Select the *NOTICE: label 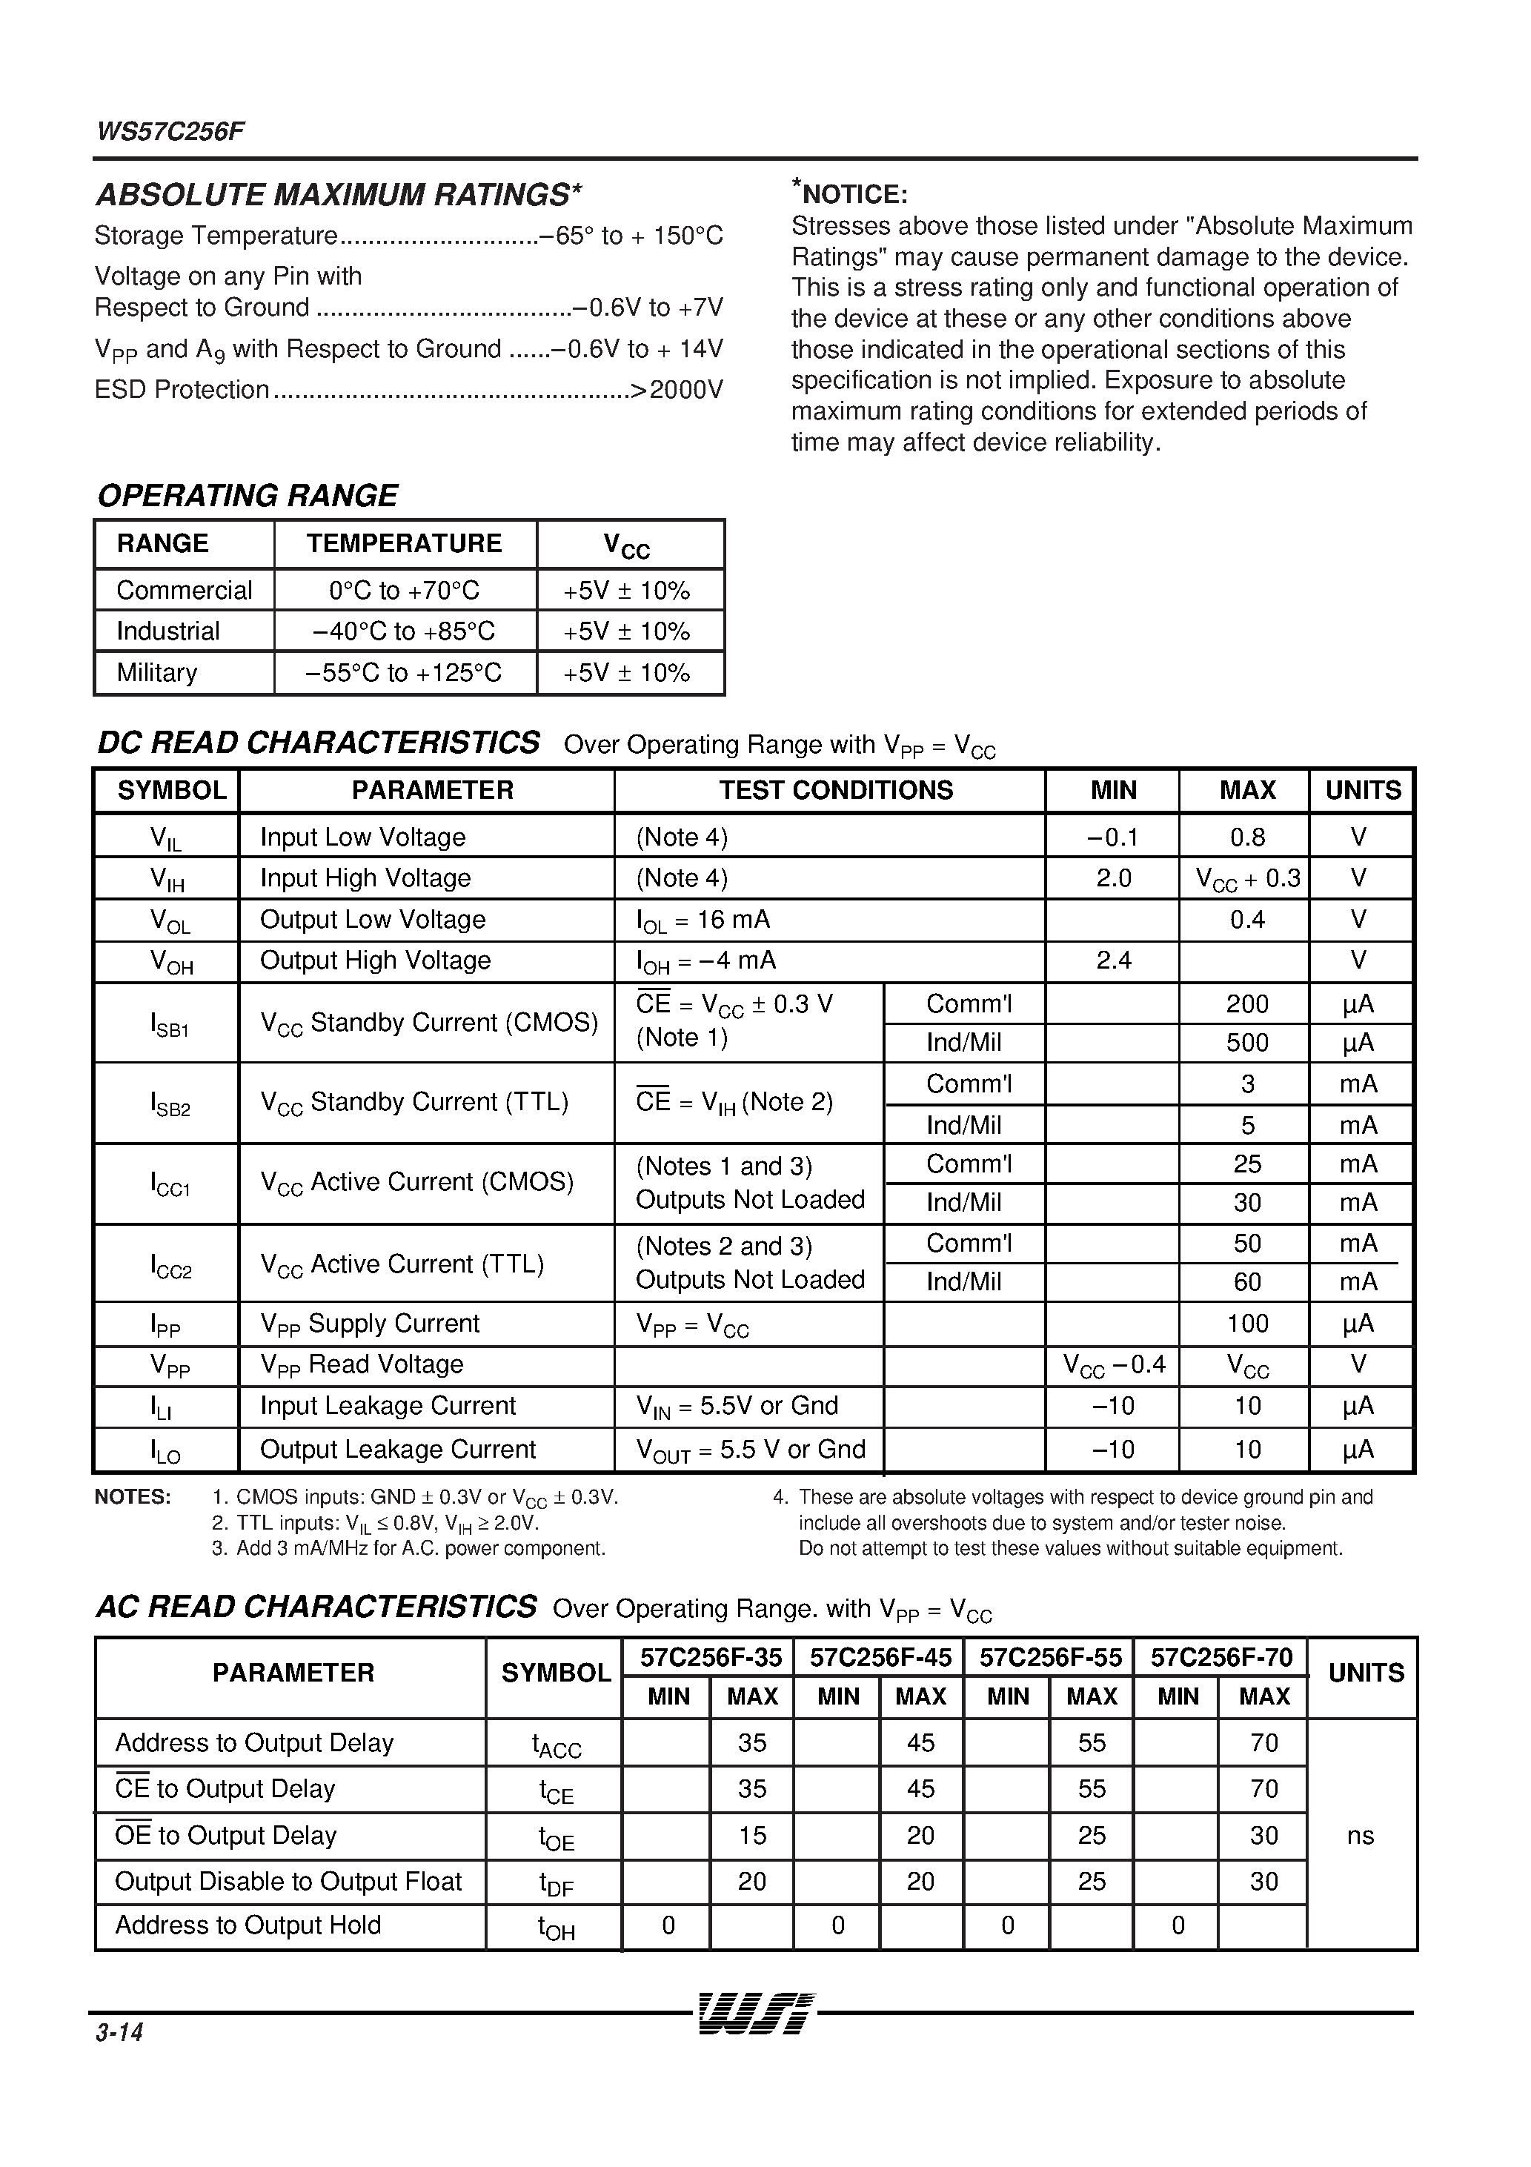849,193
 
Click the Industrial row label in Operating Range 168,631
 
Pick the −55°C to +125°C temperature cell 404,673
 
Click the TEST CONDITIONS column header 837,790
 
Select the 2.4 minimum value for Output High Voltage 1113,960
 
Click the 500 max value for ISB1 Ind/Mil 1247,1043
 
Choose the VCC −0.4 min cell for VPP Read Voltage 1114,1365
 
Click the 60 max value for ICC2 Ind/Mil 1247,1281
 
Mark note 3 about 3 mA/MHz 408,1548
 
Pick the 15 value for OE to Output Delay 751,1836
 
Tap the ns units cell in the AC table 1360,1836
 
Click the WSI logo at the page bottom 755,2013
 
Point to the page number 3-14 119,2032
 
